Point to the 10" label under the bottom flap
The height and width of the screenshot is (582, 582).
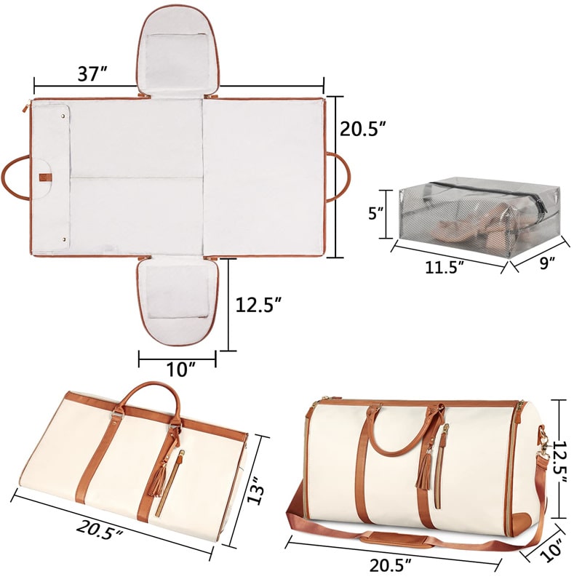[178, 370]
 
